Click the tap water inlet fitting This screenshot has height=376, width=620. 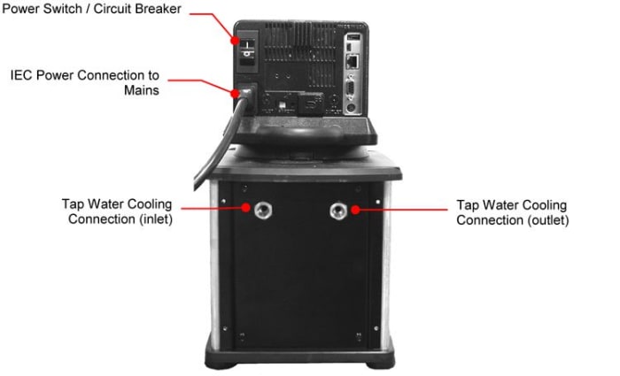click(264, 210)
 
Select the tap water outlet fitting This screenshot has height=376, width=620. click(337, 210)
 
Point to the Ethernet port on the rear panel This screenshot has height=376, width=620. click(353, 63)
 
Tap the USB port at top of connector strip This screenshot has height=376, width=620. click(353, 41)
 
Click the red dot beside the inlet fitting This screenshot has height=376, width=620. click(247, 210)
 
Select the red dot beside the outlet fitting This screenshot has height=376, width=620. click(355, 210)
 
